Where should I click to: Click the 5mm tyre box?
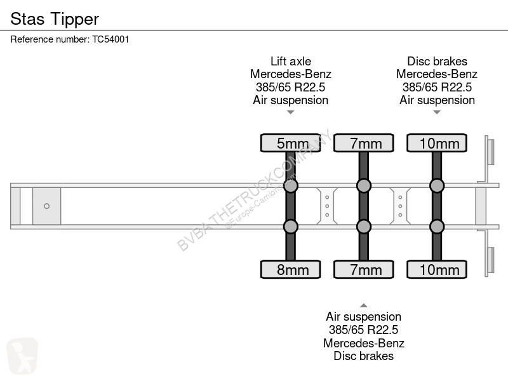click(x=291, y=143)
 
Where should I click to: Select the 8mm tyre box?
click(x=291, y=269)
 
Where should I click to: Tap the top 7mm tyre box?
click(x=364, y=143)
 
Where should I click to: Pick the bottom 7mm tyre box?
click(x=364, y=269)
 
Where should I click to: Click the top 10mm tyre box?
click(x=437, y=143)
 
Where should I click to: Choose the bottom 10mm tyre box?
click(x=437, y=269)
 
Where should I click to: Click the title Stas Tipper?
click(x=55, y=19)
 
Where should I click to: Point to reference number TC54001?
click(x=110, y=39)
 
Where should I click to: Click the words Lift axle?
click(x=291, y=61)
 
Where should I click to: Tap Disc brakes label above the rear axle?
click(x=437, y=61)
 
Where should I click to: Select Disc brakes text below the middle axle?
click(x=363, y=356)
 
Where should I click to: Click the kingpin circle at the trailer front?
click(x=46, y=206)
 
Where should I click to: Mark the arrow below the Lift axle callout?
click(x=291, y=112)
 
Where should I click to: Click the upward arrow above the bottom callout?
click(x=363, y=305)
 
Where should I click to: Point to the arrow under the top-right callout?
click(x=437, y=112)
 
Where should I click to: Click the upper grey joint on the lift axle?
click(x=291, y=185)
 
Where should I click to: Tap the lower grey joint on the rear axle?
click(x=437, y=227)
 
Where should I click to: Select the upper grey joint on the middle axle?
click(x=364, y=185)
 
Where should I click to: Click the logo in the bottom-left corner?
click(x=22, y=356)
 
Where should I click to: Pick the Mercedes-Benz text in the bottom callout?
click(x=363, y=343)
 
